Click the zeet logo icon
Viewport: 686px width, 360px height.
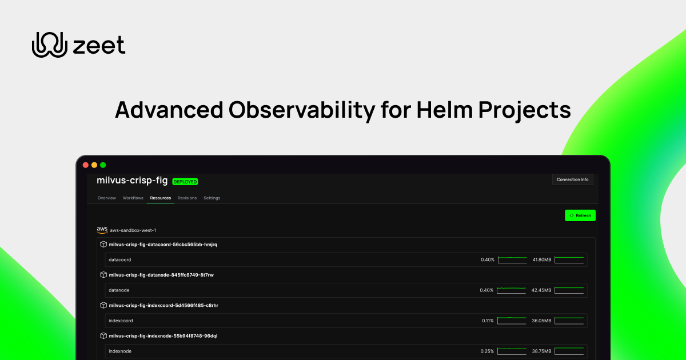point(50,45)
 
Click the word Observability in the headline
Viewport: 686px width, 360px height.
point(288,110)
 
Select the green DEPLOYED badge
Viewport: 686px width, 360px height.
point(185,182)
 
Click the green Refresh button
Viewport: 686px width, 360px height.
point(580,215)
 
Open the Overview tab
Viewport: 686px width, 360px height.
point(106,198)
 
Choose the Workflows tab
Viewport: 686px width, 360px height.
point(133,198)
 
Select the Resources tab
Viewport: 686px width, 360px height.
point(161,198)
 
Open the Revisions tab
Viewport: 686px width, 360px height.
point(187,198)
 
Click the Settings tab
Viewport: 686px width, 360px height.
point(212,198)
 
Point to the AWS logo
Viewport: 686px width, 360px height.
point(102,230)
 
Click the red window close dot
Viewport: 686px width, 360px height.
point(86,165)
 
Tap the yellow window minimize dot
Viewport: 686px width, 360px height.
point(94,165)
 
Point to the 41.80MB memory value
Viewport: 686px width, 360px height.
point(542,260)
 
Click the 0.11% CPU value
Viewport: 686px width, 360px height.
point(488,321)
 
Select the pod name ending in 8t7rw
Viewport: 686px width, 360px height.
point(161,275)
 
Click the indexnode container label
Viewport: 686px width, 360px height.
point(120,351)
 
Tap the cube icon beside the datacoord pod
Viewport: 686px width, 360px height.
point(103,245)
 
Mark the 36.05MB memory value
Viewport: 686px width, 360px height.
point(542,321)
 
